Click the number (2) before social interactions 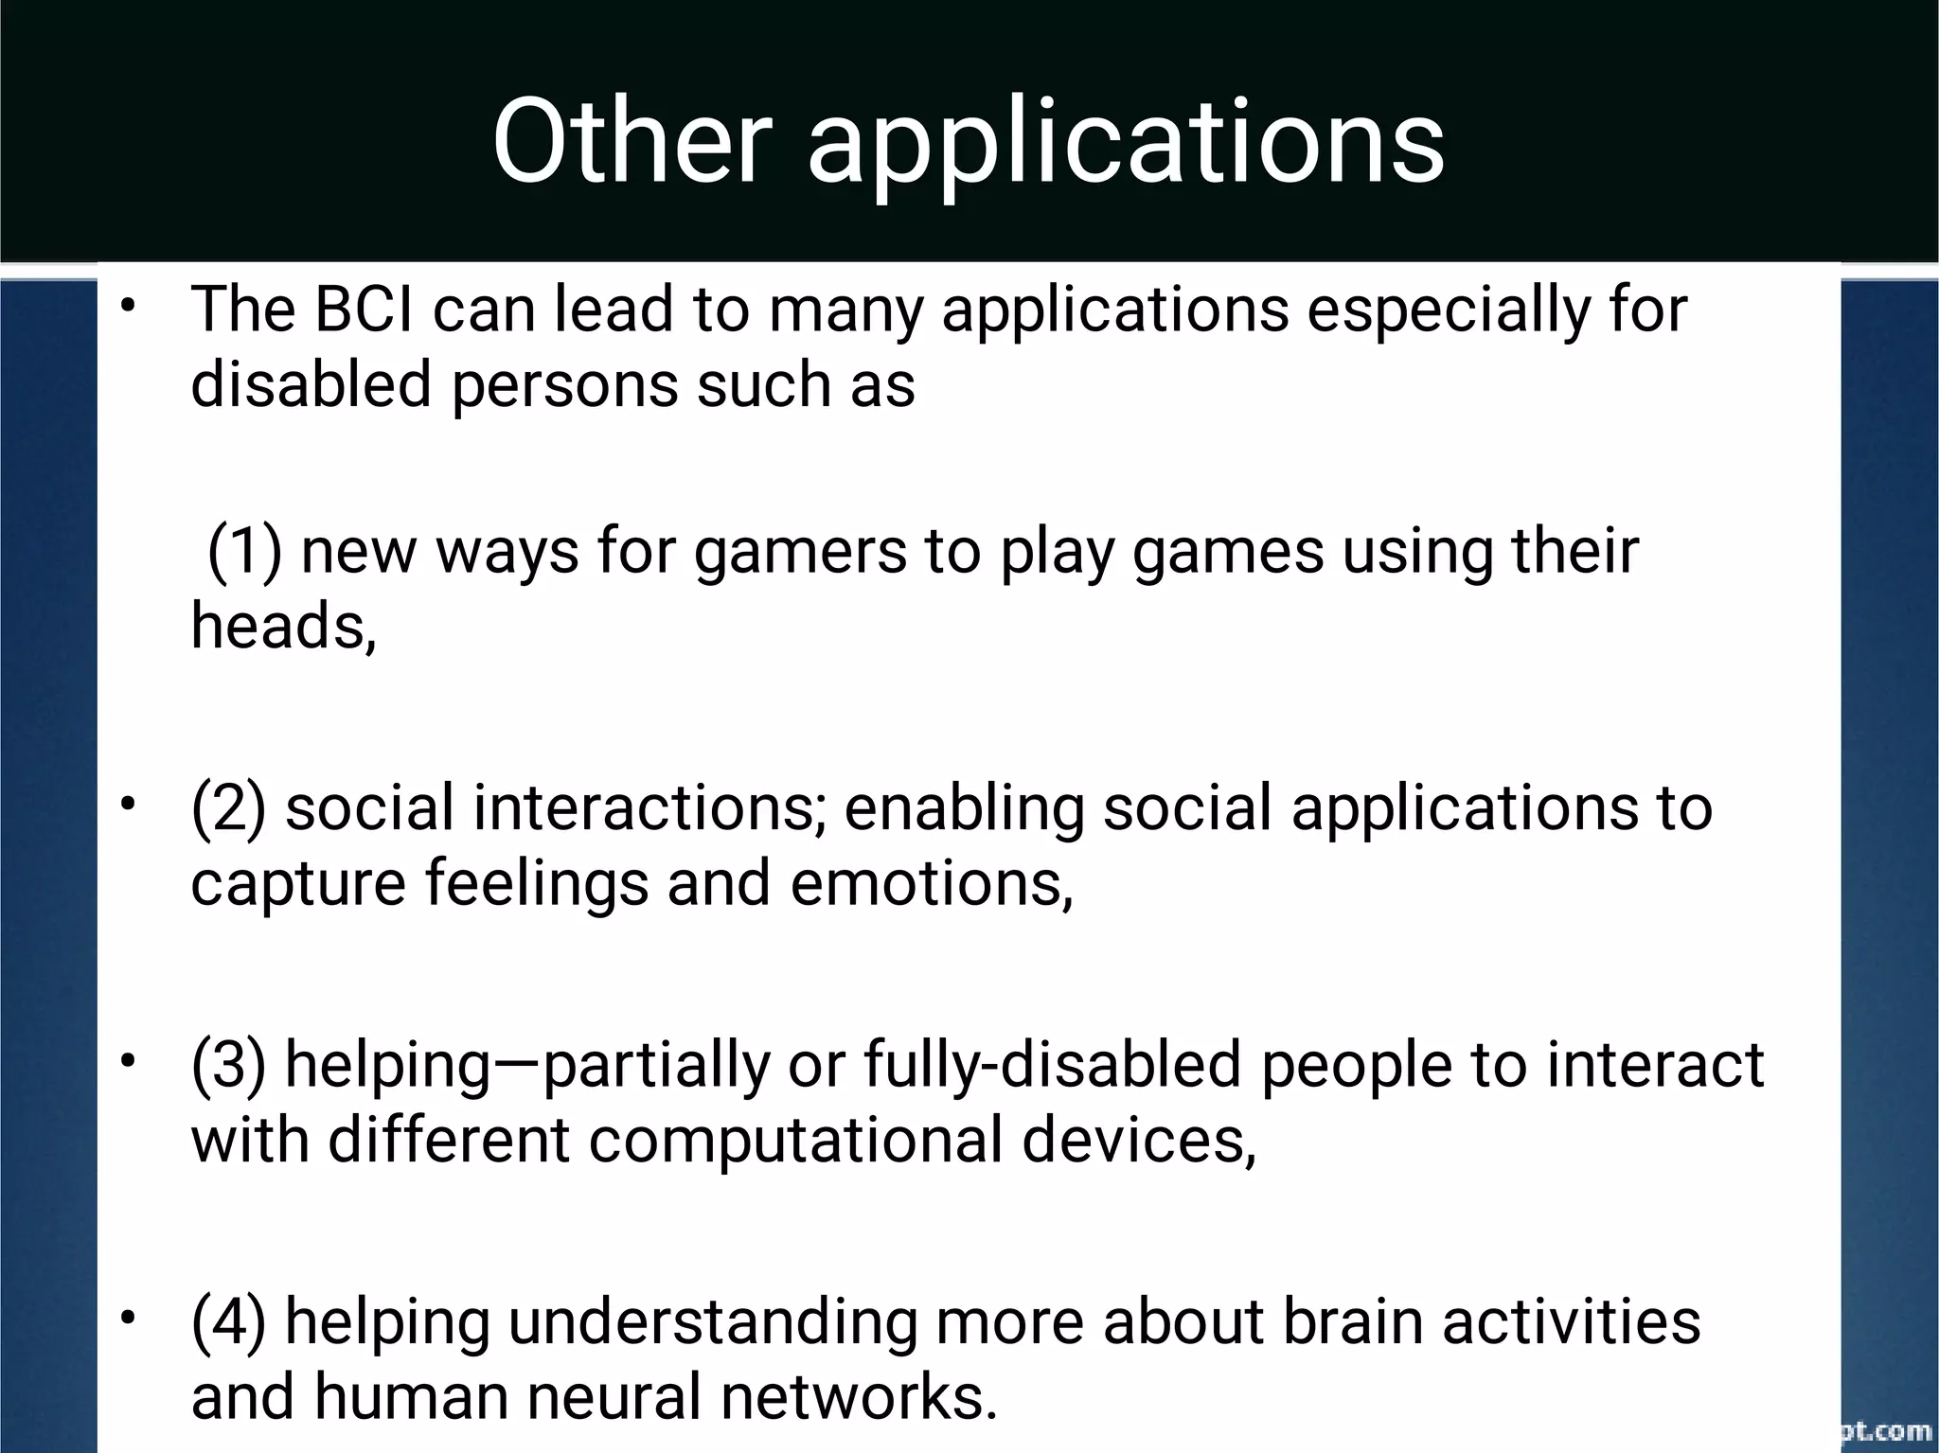point(228,808)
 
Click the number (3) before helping point(228,1065)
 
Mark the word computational point(795,1140)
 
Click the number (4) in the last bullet point(228,1322)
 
